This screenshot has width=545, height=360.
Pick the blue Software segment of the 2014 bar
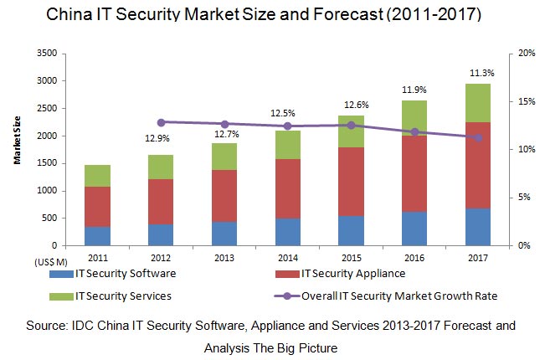coord(288,232)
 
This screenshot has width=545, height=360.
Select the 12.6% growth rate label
coord(352,105)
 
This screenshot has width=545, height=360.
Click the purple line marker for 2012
coord(161,122)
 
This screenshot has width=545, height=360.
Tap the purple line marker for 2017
coord(479,137)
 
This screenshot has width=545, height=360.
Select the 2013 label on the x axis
coord(224,257)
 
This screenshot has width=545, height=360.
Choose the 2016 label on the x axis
coord(415,257)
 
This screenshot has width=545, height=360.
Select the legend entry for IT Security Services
coord(124,296)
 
